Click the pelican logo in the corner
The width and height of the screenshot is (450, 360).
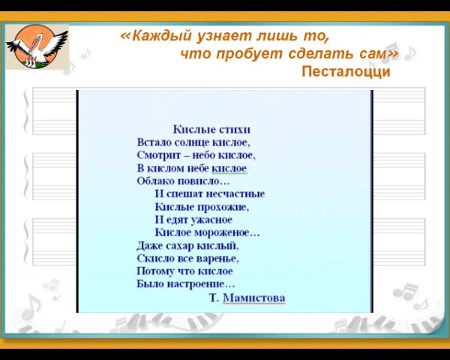37,46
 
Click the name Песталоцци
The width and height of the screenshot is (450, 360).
346,71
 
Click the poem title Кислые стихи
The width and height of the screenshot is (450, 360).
211,130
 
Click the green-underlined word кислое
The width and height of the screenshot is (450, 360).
229,168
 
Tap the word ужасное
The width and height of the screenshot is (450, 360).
211,220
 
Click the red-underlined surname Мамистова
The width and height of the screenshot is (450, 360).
254,298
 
